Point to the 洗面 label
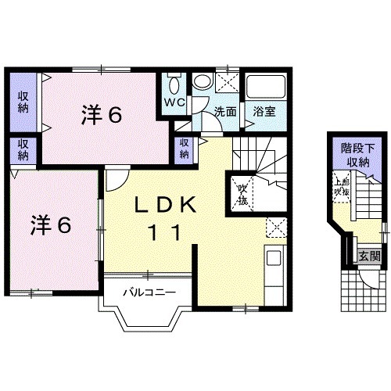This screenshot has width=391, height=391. pyautogui.click(x=226, y=112)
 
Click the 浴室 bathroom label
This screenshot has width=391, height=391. pyautogui.click(x=264, y=112)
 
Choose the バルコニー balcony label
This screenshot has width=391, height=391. pyautogui.click(x=148, y=293)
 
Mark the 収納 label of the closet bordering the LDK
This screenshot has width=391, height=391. pyautogui.click(x=185, y=148)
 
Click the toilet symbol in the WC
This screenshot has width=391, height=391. pyautogui.click(x=174, y=84)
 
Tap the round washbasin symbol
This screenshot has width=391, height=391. pyautogui.click(x=203, y=82)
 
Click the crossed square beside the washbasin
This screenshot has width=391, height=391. pyautogui.click(x=227, y=81)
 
